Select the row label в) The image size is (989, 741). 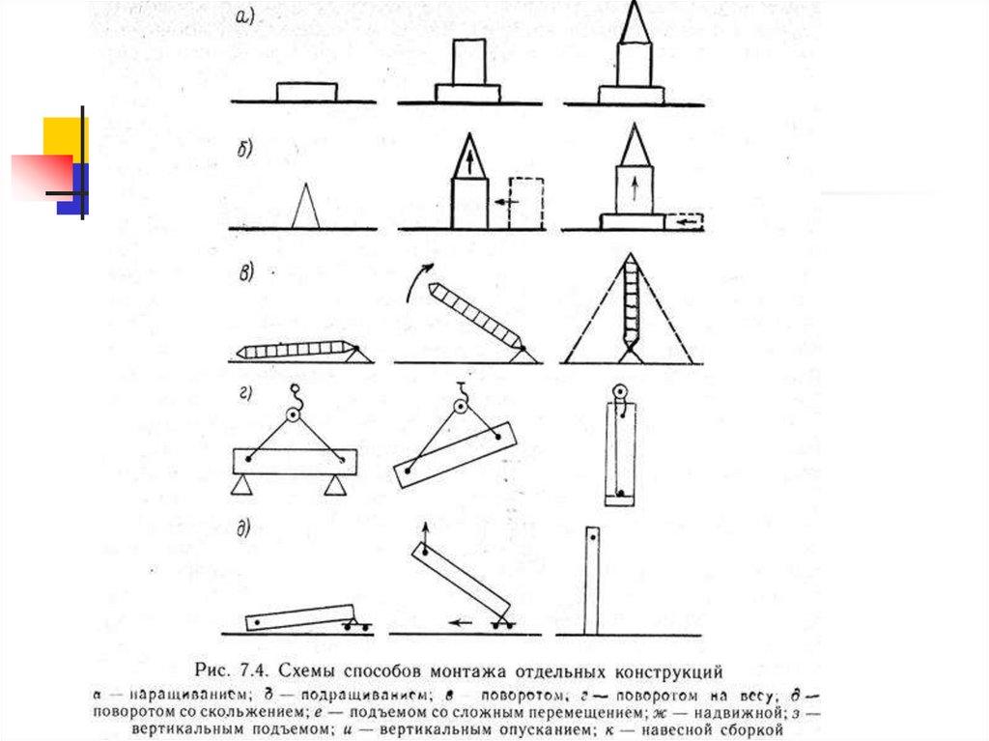click(x=245, y=272)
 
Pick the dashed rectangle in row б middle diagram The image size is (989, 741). click(x=526, y=202)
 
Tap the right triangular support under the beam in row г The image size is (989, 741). click(x=336, y=485)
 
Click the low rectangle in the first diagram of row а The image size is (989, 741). click(x=306, y=92)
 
